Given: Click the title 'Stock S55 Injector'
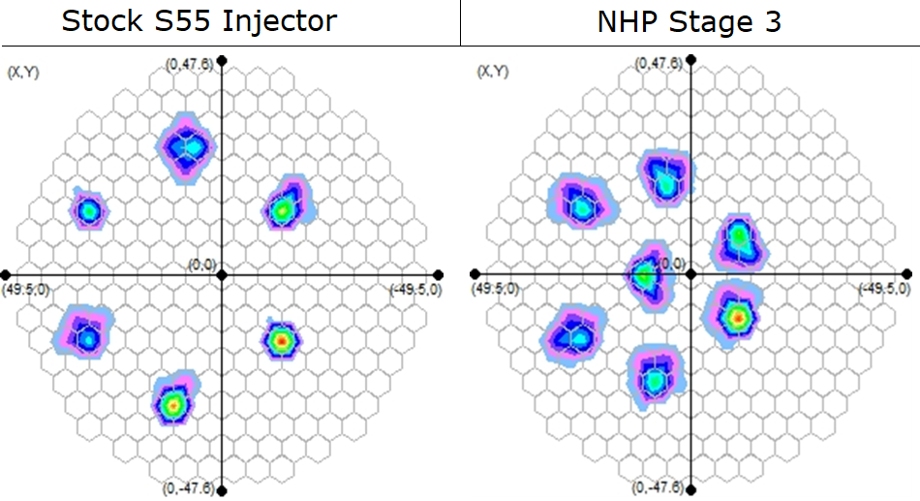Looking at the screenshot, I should (199, 21).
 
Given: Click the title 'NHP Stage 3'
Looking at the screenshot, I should (689, 21).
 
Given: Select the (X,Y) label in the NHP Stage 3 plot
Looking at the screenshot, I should (492, 72).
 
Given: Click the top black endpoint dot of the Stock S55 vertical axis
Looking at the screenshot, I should (222, 60).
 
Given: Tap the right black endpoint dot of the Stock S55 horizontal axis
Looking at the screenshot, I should (440, 275).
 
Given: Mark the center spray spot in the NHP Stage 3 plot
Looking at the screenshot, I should (646, 275).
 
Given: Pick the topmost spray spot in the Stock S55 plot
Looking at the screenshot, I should (187, 146).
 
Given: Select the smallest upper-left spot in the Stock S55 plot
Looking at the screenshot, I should (88, 209).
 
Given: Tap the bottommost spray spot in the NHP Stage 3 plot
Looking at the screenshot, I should (655, 380).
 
